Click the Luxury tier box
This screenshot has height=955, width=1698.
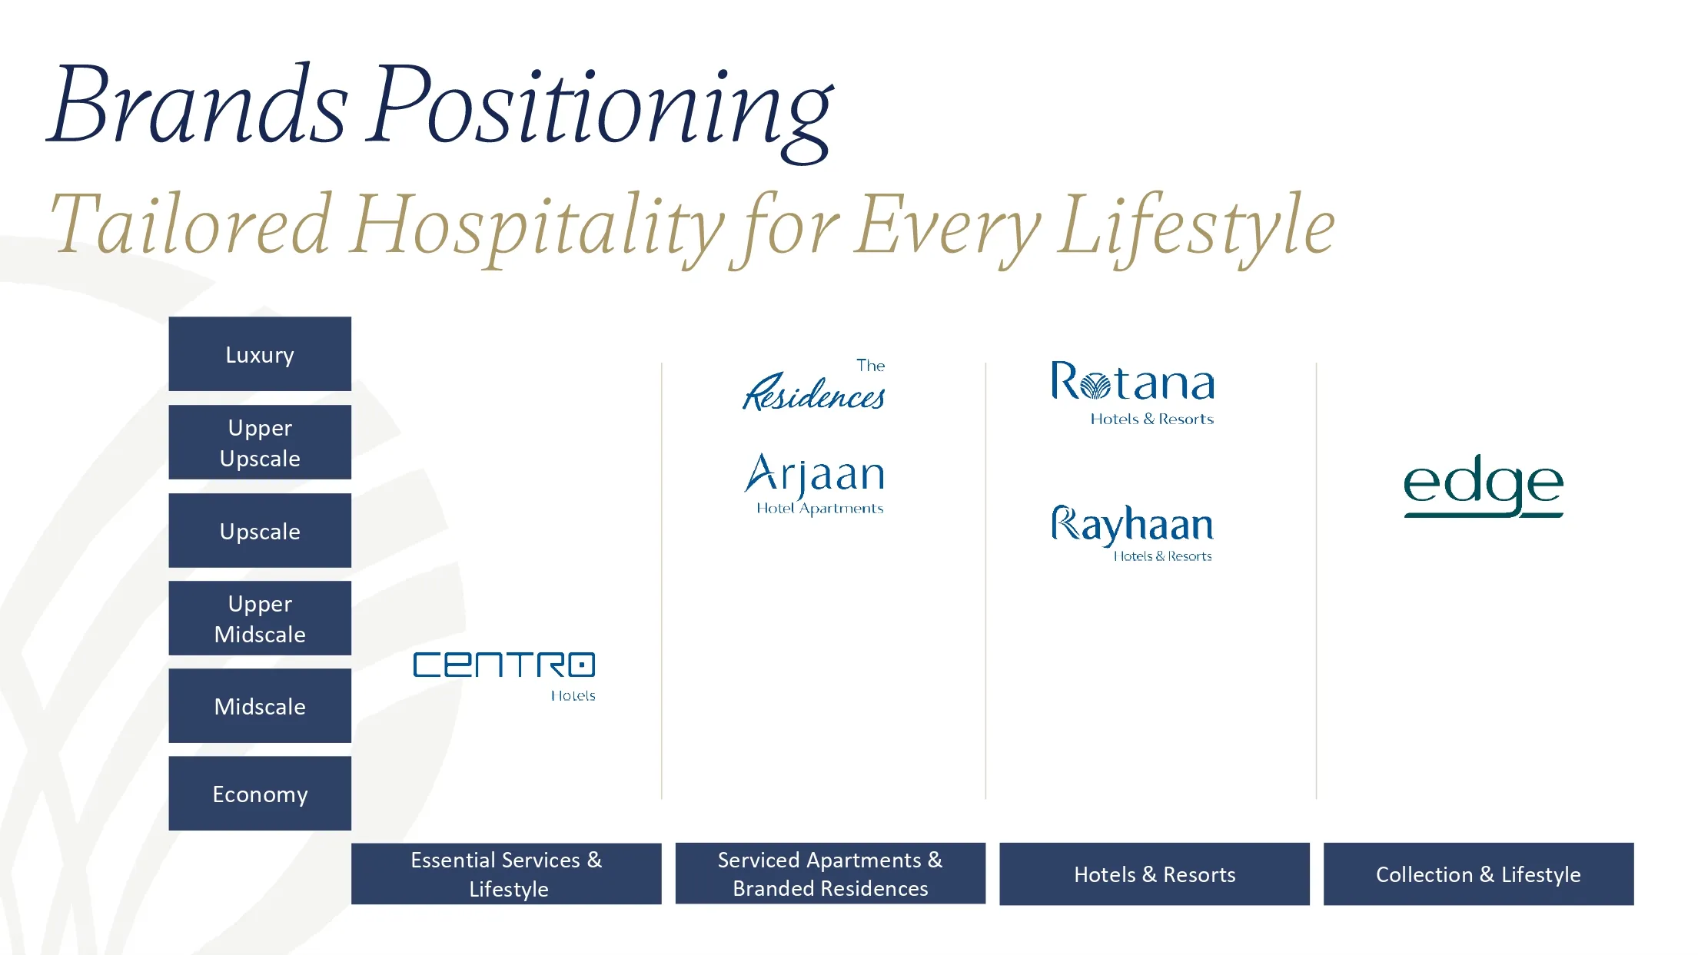[x=260, y=354]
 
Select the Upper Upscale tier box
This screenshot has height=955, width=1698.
[x=260, y=443]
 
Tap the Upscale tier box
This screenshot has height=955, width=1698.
[x=260, y=531]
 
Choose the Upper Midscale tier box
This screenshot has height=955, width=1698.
[x=260, y=618]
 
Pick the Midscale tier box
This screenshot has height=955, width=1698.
[x=260, y=706]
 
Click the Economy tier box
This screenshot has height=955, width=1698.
[x=260, y=794]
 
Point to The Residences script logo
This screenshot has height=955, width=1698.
[x=814, y=386]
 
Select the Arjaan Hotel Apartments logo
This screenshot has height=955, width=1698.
[x=816, y=482]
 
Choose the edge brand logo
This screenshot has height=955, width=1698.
[x=1483, y=486]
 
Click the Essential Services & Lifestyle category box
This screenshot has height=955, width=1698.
[x=507, y=874]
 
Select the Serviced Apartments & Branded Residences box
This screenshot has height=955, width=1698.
[x=830, y=874]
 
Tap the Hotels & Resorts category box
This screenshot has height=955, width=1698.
[x=1155, y=874]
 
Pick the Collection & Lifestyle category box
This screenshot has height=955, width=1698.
[x=1478, y=874]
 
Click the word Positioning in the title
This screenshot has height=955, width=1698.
[x=600, y=108]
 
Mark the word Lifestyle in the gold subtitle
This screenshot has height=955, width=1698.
[x=1195, y=227]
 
